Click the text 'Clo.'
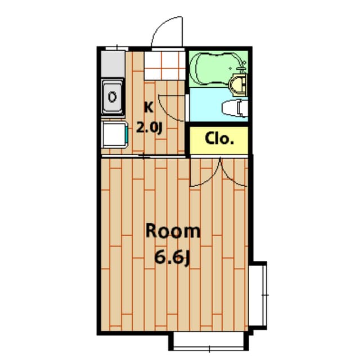pos(219,138)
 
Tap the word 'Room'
pos(173,231)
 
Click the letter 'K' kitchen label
pos(149,106)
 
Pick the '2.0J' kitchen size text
pos(150,127)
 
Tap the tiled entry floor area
pos(164,65)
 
